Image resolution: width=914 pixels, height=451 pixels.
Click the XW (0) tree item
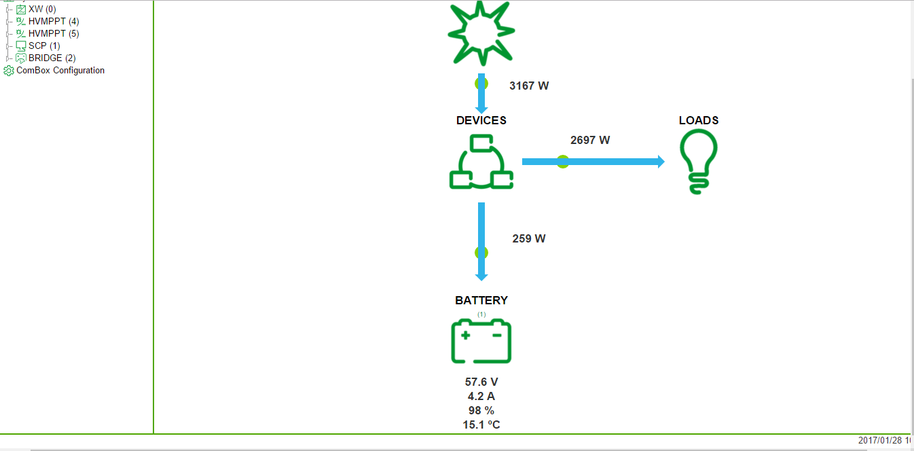point(42,9)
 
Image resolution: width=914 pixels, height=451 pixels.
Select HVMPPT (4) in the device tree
point(54,21)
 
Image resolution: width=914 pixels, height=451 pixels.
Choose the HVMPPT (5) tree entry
point(54,33)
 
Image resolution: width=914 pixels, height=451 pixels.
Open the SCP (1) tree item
point(44,46)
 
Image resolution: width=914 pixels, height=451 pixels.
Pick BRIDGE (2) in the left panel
point(52,58)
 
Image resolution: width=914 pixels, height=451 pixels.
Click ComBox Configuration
point(60,70)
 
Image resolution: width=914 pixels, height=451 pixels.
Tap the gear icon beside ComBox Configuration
point(9,71)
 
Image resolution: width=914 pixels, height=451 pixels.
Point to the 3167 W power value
point(529,86)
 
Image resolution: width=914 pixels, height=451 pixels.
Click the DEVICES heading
point(481,120)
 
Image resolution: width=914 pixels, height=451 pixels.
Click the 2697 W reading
point(590,140)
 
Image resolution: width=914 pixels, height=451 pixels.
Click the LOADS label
point(699,120)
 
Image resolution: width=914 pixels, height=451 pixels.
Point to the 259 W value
point(529,238)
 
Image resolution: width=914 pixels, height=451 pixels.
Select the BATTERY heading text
point(481,300)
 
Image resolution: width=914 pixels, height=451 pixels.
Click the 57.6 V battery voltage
point(481,382)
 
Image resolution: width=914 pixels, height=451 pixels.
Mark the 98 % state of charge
point(481,411)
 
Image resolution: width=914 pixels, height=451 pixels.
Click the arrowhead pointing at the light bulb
point(661,162)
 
